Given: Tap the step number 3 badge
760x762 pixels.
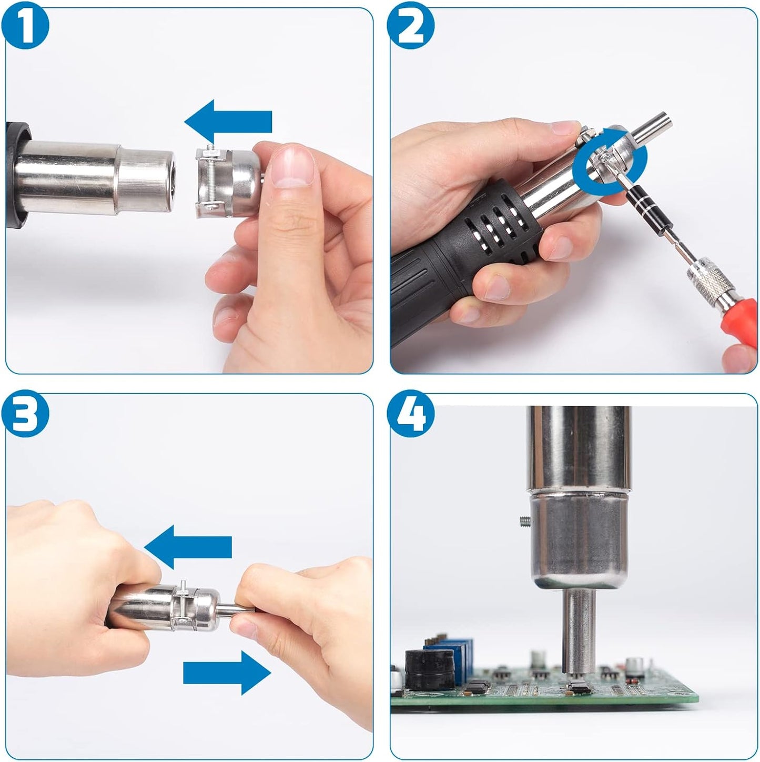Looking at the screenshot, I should tap(25, 413).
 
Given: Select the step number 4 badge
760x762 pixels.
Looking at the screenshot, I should tap(411, 413).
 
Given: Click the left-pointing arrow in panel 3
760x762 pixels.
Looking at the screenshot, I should tap(188, 547).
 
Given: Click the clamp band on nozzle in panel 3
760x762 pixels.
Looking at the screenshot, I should tap(181, 606).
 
